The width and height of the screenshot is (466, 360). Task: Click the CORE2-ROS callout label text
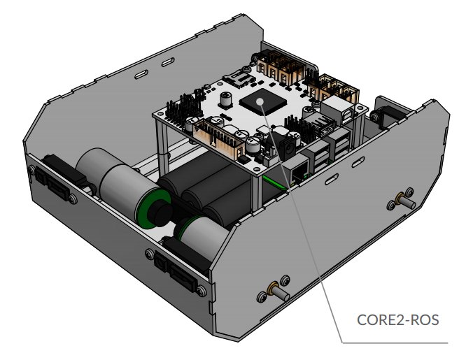pyautogui.click(x=397, y=320)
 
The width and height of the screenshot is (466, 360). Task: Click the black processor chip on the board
pyautogui.click(x=263, y=104)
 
